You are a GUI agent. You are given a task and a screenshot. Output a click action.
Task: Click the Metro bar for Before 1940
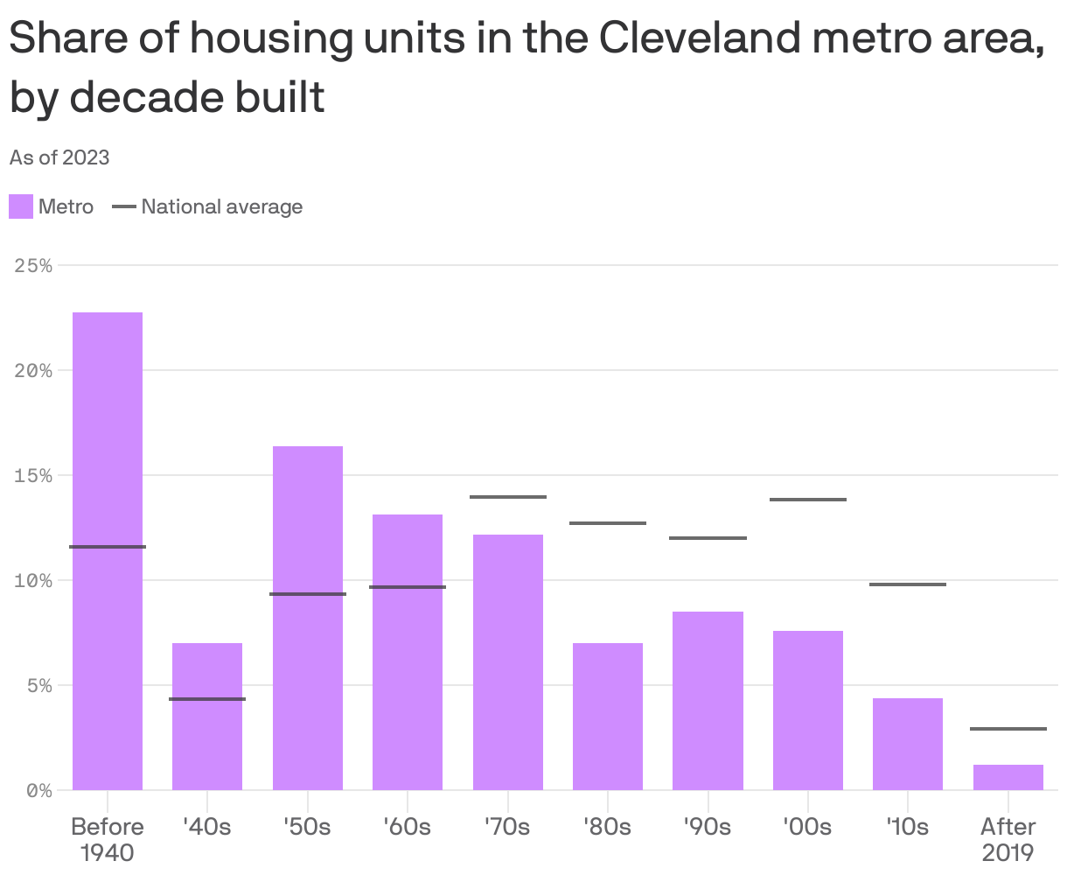108,551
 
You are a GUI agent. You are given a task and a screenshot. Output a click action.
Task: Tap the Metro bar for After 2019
1008,777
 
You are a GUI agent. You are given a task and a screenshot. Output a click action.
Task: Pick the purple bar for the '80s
608,717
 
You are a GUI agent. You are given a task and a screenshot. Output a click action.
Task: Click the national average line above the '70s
508,497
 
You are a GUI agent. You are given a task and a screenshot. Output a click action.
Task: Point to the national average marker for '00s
808,500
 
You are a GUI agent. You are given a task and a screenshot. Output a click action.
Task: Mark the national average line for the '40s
207,699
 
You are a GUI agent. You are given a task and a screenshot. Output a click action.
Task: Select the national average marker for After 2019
1008,729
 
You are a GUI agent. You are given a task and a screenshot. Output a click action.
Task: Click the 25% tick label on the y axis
34,265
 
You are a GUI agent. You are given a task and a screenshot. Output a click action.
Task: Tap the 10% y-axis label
34,580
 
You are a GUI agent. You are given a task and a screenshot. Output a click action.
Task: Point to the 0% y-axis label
39,790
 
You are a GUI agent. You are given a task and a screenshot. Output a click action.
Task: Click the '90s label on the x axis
708,827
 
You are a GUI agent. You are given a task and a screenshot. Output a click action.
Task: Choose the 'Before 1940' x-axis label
108,838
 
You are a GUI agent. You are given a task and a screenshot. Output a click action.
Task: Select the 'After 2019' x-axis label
1008,838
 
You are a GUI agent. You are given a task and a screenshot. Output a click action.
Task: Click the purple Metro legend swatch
21,207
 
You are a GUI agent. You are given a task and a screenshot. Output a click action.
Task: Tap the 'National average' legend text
221,207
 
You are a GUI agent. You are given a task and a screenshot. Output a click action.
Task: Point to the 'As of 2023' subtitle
59,157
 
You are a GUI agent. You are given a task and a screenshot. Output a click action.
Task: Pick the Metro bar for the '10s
908,744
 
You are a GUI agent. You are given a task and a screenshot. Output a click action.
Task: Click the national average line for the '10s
908,584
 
